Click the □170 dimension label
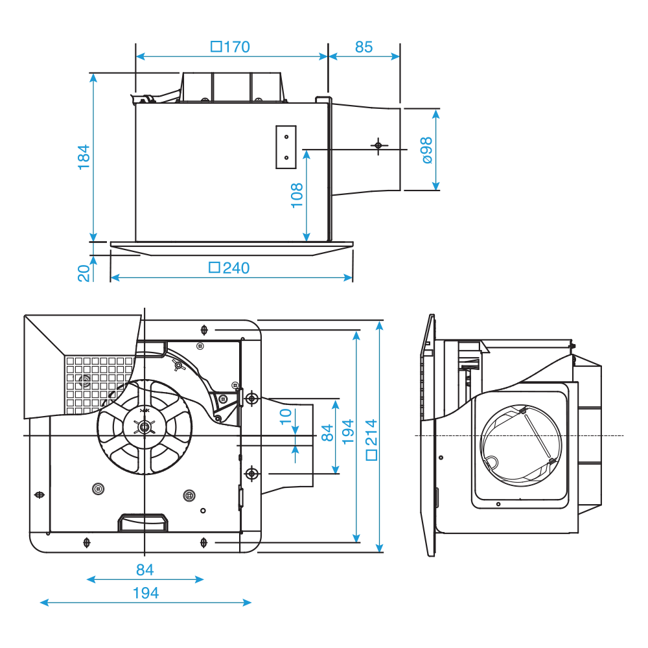(231, 47)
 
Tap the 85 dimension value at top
(364, 47)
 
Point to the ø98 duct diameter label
(426, 150)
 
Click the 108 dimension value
(297, 194)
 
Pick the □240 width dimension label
(229, 268)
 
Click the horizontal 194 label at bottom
(145, 592)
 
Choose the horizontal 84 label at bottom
(145, 570)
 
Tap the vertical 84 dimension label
(327, 433)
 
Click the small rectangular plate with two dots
(286, 146)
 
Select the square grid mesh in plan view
(97, 382)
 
